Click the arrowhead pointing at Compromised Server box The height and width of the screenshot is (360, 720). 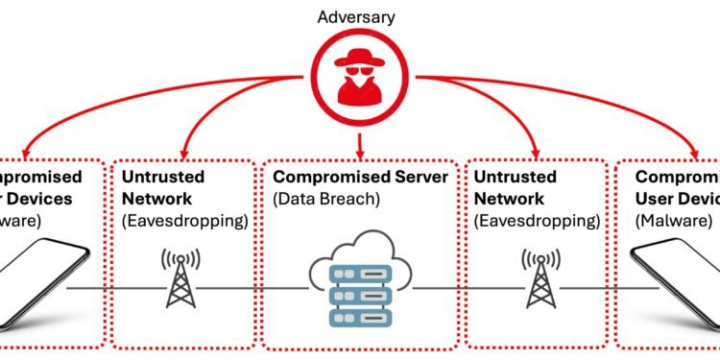click(x=359, y=151)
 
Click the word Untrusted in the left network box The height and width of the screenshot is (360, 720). click(x=156, y=178)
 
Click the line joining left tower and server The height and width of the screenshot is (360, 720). click(x=259, y=287)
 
